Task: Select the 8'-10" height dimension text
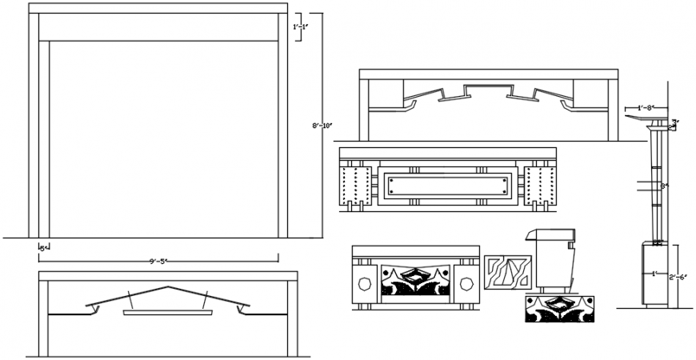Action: [x=320, y=126]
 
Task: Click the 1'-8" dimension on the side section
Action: [x=647, y=107]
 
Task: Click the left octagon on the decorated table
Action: [x=364, y=283]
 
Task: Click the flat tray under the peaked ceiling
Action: [x=168, y=313]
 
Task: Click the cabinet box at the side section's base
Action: [x=655, y=274]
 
